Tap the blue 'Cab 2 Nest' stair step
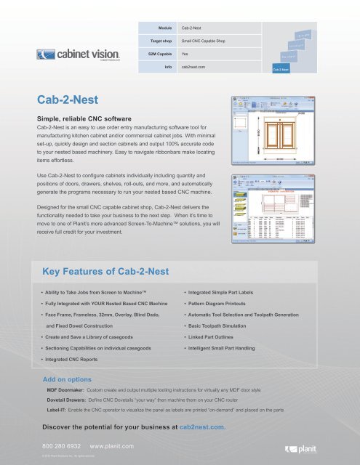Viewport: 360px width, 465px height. click(x=281, y=70)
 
